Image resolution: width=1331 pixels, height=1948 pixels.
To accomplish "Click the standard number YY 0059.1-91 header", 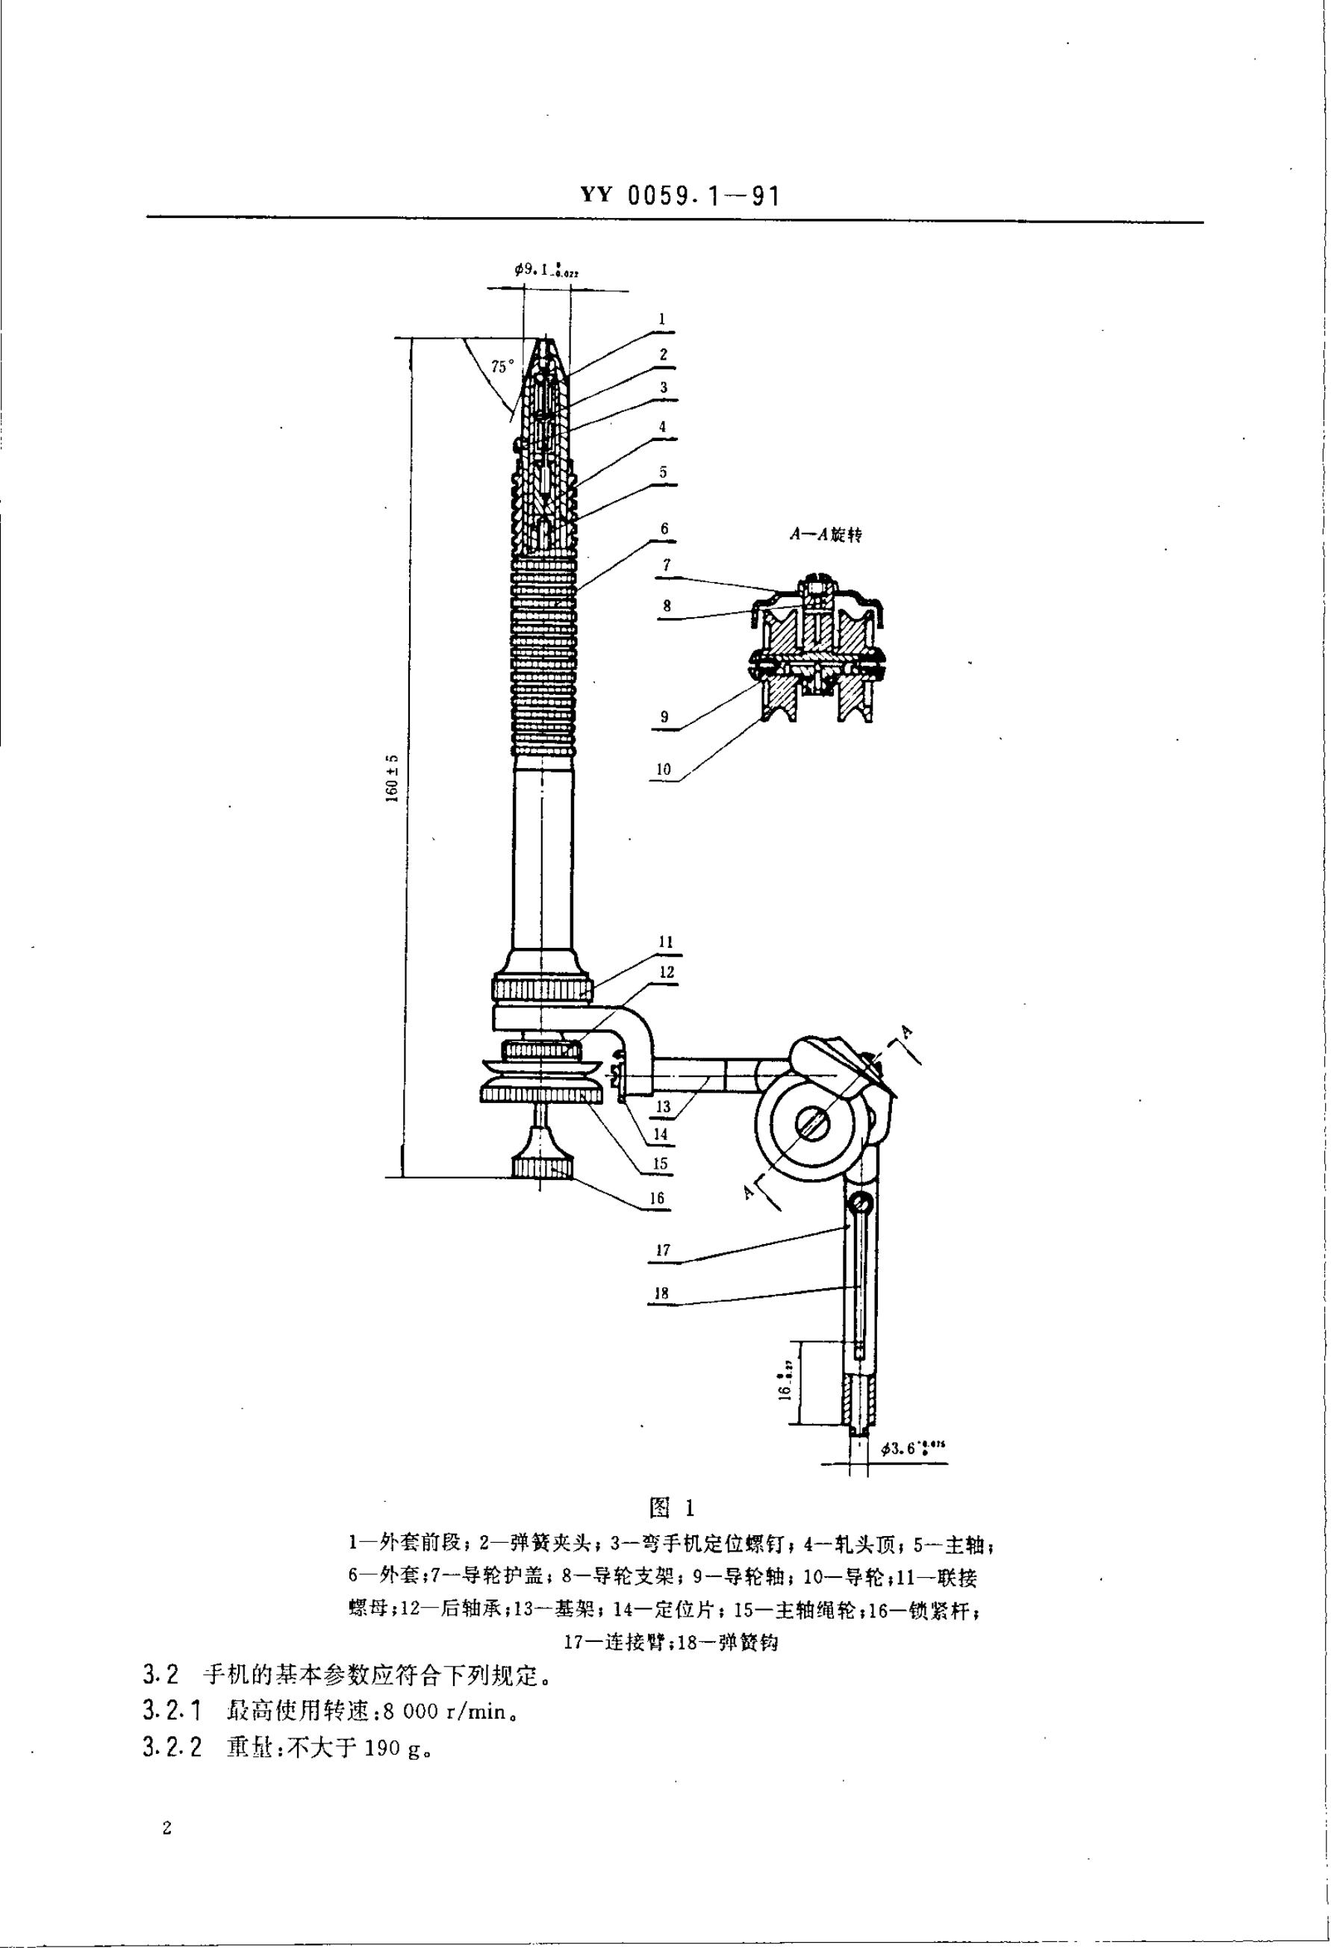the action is tap(680, 197).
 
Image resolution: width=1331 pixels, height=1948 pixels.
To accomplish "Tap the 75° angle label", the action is tap(501, 366).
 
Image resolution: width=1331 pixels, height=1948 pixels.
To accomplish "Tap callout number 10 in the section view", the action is tap(664, 769).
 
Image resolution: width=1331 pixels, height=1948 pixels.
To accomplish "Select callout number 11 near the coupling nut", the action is tap(667, 942).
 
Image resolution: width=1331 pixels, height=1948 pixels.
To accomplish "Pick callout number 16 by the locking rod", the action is tap(657, 1198).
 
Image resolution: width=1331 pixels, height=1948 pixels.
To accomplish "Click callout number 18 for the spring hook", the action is tap(661, 1293).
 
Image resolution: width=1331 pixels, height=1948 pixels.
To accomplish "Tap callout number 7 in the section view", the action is tap(668, 566).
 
